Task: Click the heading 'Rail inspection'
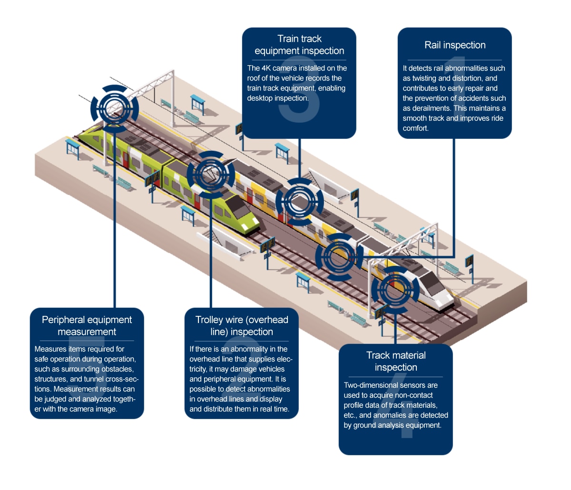point(455,45)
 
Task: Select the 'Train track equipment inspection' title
point(299,45)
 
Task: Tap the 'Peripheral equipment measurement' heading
point(87,326)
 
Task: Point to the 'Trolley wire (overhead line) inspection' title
point(242,326)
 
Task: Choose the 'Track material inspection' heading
point(396,361)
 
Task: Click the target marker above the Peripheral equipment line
point(115,108)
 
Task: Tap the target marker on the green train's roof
point(210,175)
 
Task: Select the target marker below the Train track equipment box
point(299,201)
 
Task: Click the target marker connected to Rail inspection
point(339,257)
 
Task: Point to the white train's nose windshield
point(433,284)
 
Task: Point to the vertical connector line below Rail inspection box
point(454,190)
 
